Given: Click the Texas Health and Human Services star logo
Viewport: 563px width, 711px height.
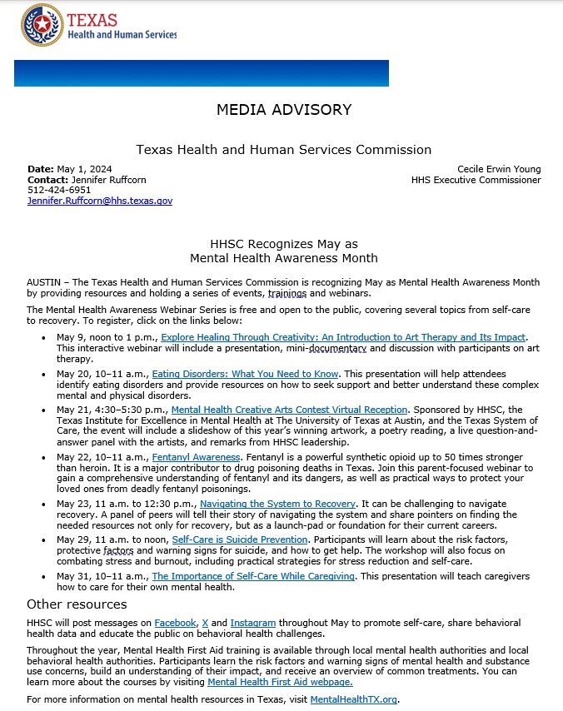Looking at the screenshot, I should point(42,25).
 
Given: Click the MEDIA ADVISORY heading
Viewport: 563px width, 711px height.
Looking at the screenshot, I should point(283,110).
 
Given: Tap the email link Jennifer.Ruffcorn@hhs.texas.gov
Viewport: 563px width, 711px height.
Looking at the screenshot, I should point(99,201).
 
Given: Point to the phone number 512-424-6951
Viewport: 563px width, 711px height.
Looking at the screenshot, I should point(59,190).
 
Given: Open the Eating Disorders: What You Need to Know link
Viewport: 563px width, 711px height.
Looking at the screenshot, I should point(245,375).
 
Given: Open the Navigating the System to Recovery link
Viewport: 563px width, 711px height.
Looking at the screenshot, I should point(277,504).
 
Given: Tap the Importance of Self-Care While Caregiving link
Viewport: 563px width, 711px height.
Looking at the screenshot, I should point(253,576).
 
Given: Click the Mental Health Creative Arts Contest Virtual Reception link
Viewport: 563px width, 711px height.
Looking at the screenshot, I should point(289,410).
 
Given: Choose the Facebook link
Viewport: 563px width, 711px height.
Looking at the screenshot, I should point(175,623).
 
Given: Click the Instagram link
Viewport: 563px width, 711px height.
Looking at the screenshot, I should point(252,623).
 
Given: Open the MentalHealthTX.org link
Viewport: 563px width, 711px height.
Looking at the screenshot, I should point(353,699).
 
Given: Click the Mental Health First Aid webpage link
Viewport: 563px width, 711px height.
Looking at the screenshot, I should point(280,682).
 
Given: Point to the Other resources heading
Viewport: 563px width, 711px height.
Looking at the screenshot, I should point(77,604).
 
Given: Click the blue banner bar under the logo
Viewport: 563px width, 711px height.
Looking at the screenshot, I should point(201,73).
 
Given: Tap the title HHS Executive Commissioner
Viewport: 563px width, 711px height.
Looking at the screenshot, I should point(476,180).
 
